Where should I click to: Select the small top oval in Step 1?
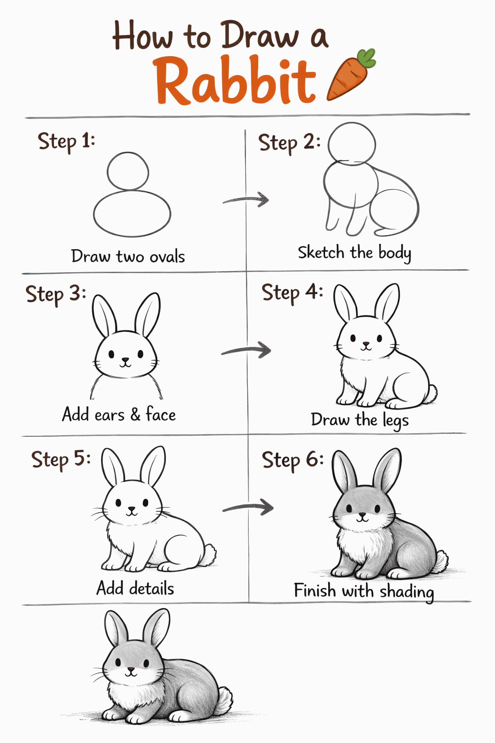tap(128, 172)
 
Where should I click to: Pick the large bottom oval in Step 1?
tap(132, 214)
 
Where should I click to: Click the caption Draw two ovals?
tap(128, 256)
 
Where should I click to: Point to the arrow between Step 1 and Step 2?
tap(246, 199)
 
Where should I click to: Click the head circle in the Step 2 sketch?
tap(352, 144)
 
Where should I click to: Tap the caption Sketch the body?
tap(354, 253)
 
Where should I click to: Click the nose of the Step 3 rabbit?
tap(126, 360)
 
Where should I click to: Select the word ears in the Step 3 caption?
tap(109, 415)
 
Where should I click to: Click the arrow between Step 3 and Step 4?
tap(246, 350)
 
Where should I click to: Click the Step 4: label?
tap(292, 292)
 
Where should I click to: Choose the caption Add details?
tap(135, 589)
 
